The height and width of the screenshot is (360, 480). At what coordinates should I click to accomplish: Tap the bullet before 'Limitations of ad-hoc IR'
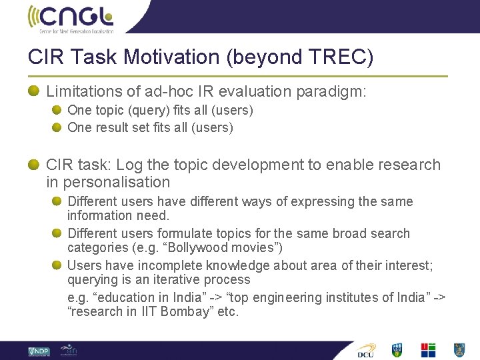pos(34,90)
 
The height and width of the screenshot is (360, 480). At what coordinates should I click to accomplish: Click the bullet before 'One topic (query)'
pos(57,110)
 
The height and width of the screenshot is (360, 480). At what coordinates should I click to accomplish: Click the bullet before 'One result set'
pos(57,127)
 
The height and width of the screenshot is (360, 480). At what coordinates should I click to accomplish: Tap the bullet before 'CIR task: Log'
pos(34,165)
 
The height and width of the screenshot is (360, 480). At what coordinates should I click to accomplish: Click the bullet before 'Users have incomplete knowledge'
pos(57,265)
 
